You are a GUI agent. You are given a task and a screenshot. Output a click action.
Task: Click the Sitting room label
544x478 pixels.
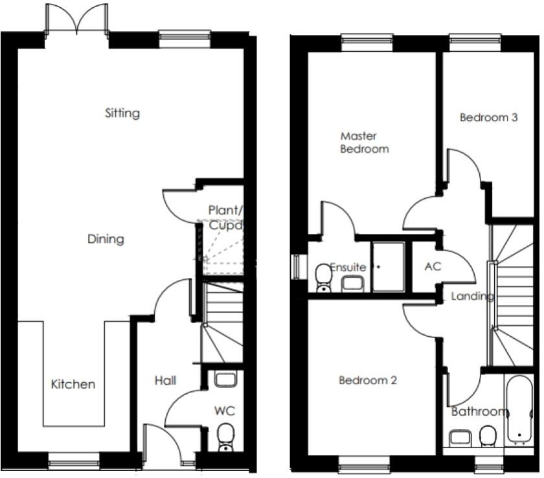coord(122,113)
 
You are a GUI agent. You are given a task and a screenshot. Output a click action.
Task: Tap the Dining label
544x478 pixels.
coord(106,239)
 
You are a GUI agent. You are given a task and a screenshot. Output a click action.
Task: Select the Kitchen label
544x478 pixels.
coord(73,384)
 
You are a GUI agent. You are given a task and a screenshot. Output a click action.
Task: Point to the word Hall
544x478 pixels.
coord(165,381)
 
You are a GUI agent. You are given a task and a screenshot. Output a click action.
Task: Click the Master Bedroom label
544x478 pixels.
coord(364,142)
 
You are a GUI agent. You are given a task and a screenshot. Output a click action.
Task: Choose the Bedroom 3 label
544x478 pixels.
coord(488,118)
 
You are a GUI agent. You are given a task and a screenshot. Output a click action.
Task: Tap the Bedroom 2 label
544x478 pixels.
coord(367,380)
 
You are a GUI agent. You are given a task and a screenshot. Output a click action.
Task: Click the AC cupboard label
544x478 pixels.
coord(433,266)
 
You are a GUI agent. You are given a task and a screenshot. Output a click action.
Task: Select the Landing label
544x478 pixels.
coord(473,297)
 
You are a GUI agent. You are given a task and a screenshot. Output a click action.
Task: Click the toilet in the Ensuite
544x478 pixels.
coord(323,277)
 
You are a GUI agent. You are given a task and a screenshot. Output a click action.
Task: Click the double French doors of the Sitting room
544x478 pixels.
coord(76,19)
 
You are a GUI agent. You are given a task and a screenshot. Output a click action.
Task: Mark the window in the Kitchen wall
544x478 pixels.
coord(74,463)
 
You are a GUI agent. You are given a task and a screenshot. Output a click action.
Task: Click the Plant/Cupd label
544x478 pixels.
coord(225,218)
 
